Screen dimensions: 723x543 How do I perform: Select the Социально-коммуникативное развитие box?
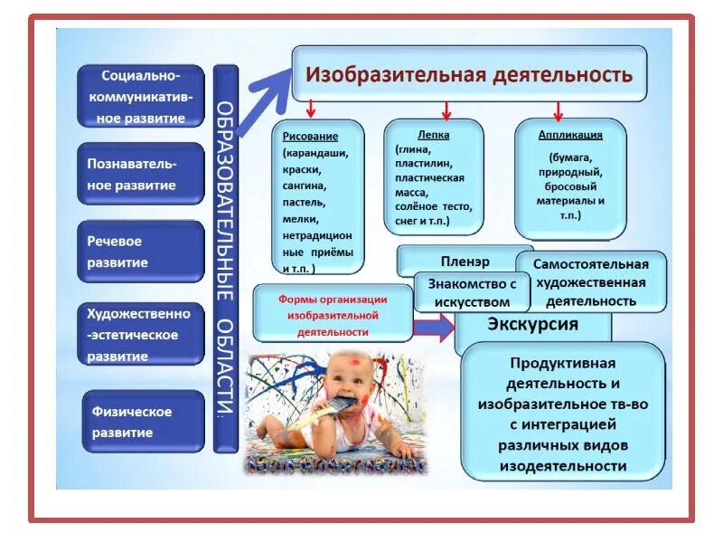click(x=141, y=95)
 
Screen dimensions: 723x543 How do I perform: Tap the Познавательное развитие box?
click(x=141, y=175)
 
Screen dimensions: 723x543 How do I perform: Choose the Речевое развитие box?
click(x=141, y=252)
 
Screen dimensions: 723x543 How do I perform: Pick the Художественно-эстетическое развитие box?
click(x=141, y=334)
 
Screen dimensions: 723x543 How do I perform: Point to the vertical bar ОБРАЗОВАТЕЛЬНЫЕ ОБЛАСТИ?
click(x=226, y=258)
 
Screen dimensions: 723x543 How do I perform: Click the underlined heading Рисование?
click(x=310, y=136)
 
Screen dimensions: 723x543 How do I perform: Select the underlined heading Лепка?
click(x=434, y=134)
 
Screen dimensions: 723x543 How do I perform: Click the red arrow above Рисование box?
click(x=310, y=109)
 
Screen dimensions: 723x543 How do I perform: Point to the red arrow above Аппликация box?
click(x=558, y=110)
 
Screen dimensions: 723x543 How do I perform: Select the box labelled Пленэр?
click(x=465, y=261)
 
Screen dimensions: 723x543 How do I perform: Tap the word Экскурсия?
click(x=533, y=324)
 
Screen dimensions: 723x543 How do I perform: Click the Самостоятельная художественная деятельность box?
click(x=591, y=281)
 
